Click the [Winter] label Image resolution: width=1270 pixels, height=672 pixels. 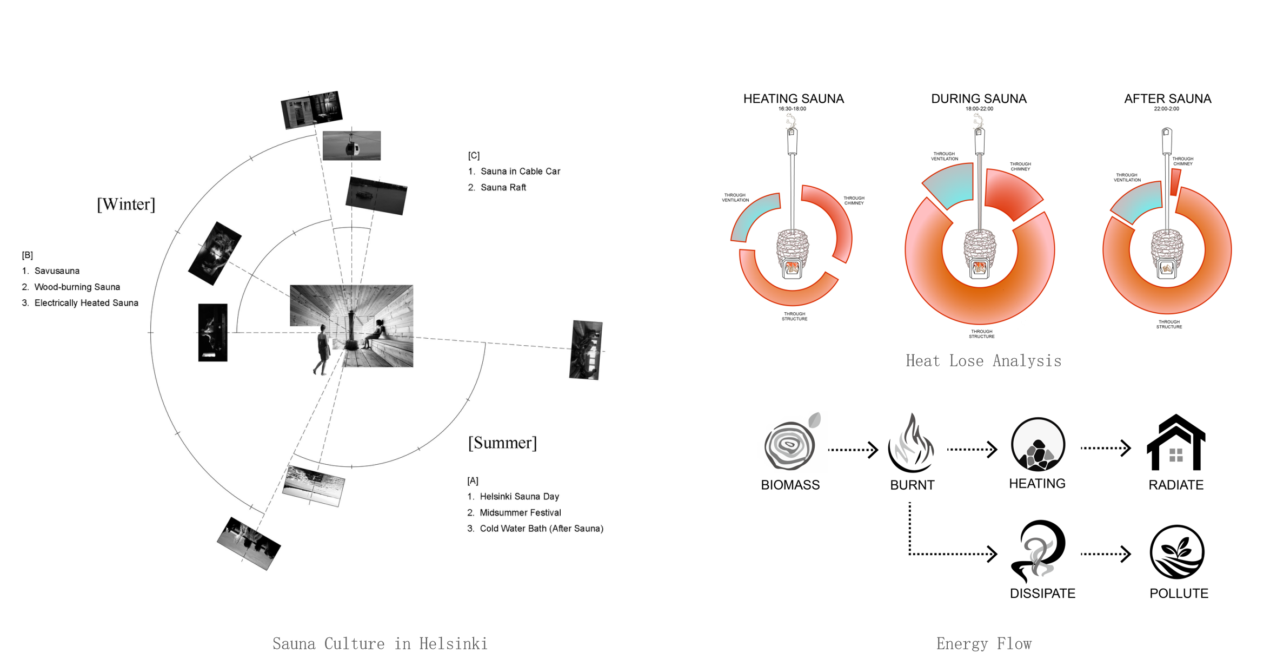[126, 205]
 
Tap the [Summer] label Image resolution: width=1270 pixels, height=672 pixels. [502, 443]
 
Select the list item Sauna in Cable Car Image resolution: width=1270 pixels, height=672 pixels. [520, 172]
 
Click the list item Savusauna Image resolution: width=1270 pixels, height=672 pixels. [57, 271]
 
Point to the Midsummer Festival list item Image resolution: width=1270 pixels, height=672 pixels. [520, 512]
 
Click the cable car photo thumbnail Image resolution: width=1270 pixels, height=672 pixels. [351, 146]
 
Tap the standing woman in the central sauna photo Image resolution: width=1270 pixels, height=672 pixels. [322, 350]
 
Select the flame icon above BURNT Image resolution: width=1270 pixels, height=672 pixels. [912, 444]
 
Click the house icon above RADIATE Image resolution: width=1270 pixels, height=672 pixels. [1176, 443]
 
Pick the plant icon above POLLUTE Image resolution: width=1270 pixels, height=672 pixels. [1177, 552]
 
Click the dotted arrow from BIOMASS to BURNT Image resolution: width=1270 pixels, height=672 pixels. [853, 450]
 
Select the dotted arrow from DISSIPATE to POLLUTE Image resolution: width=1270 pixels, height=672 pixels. [1105, 554]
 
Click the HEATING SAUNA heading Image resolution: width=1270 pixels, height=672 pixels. [793, 99]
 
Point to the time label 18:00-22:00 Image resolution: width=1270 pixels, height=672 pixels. [979, 109]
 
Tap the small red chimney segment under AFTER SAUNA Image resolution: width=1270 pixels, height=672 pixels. [1175, 182]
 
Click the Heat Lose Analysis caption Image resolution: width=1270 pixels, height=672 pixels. [983, 361]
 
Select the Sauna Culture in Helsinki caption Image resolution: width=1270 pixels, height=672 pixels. [380, 644]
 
